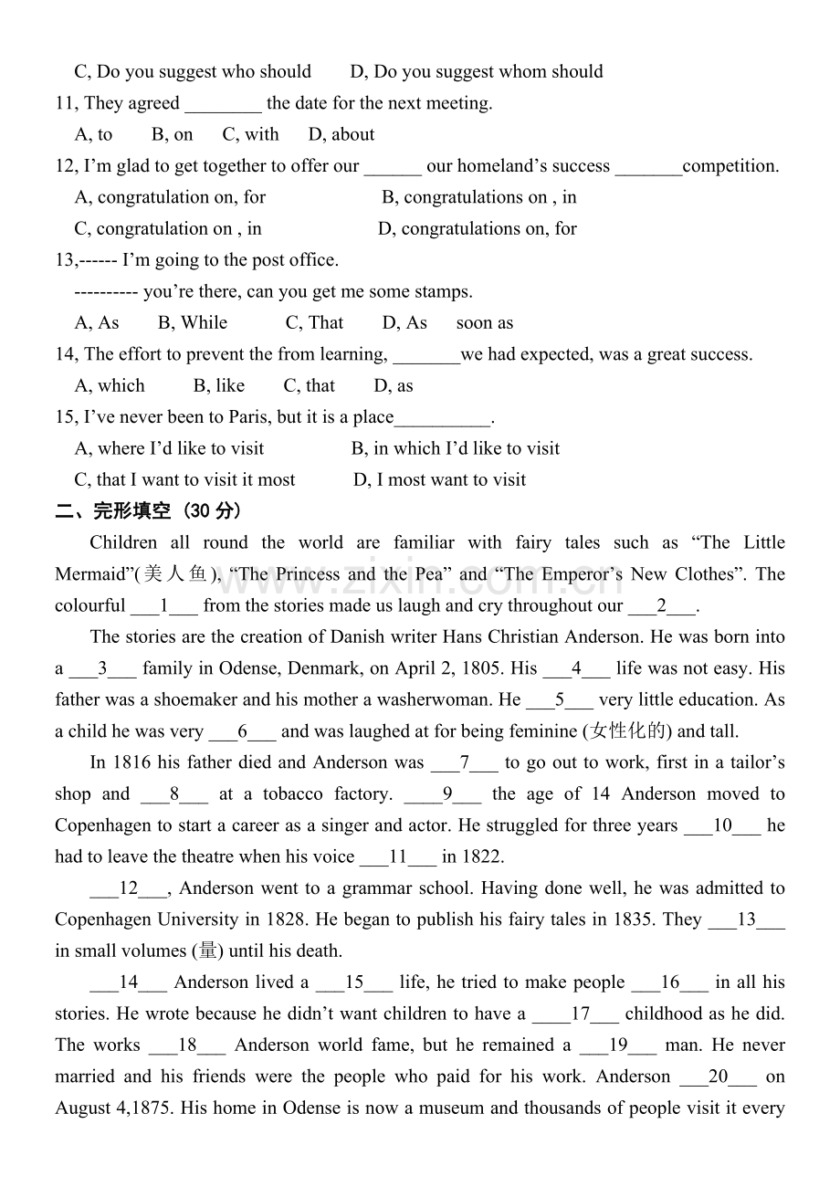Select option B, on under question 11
[x=173, y=135]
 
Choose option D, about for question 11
[x=341, y=135]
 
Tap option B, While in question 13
[x=193, y=323]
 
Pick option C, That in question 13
[x=315, y=323]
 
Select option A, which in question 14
[x=110, y=386]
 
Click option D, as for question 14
[x=394, y=386]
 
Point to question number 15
[x=66, y=417]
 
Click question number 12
[x=66, y=166]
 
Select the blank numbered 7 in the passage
[x=465, y=762]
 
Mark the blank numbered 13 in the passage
[x=746, y=919]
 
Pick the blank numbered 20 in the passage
[x=719, y=1077]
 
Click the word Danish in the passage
[x=357, y=637]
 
